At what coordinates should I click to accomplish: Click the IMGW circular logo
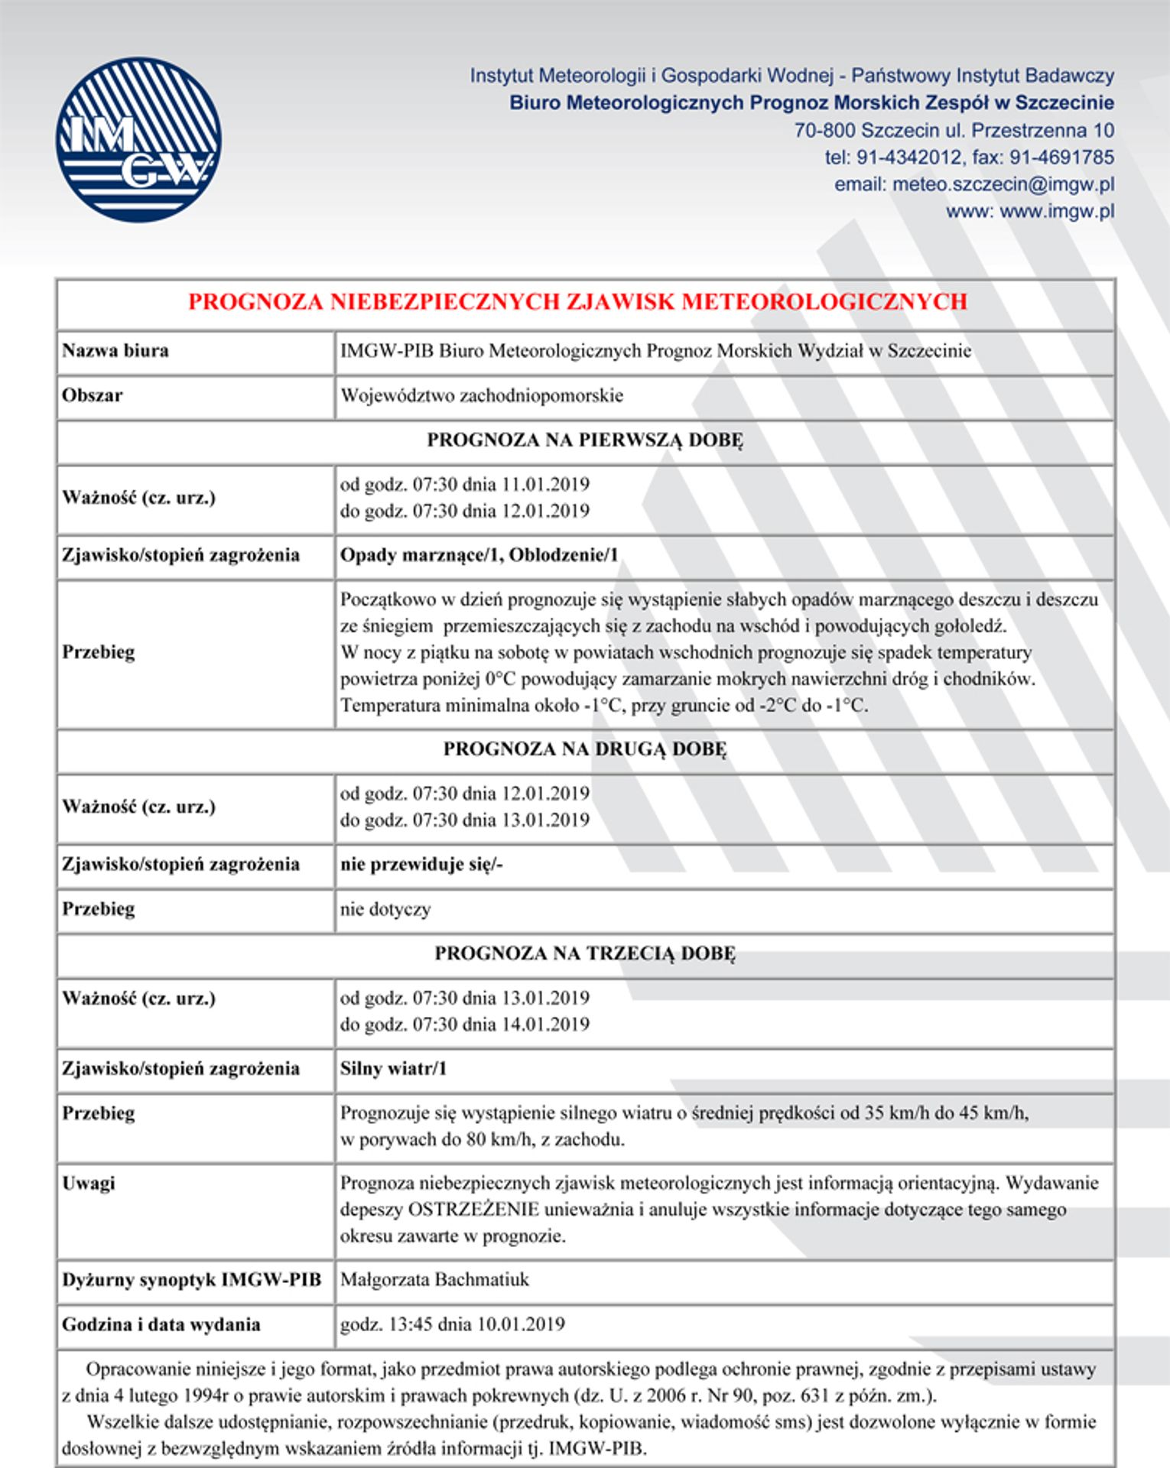tap(138, 140)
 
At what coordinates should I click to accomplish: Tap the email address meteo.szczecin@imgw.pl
tap(1003, 184)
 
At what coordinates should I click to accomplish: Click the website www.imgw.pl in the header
tap(1056, 211)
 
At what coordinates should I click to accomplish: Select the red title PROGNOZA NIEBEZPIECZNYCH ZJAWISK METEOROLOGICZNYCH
tap(577, 302)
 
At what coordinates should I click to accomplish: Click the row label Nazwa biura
tap(115, 351)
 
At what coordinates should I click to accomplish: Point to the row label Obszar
tap(93, 395)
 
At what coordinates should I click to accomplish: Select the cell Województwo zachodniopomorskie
tap(482, 395)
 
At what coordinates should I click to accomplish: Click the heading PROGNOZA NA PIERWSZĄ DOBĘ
tap(585, 440)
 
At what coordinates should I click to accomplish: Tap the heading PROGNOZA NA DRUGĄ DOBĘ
tap(585, 749)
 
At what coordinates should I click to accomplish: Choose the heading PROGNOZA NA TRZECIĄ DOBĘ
tap(585, 953)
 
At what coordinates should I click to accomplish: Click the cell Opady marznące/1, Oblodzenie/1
tap(479, 554)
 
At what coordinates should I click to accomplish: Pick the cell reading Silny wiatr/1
tap(393, 1068)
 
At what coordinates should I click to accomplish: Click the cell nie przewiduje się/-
tap(421, 864)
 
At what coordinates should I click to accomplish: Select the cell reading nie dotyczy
tap(385, 909)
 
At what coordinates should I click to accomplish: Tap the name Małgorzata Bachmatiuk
tap(434, 1279)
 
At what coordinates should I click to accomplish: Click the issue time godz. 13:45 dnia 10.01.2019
tap(453, 1323)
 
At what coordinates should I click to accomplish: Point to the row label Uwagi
tap(89, 1183)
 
